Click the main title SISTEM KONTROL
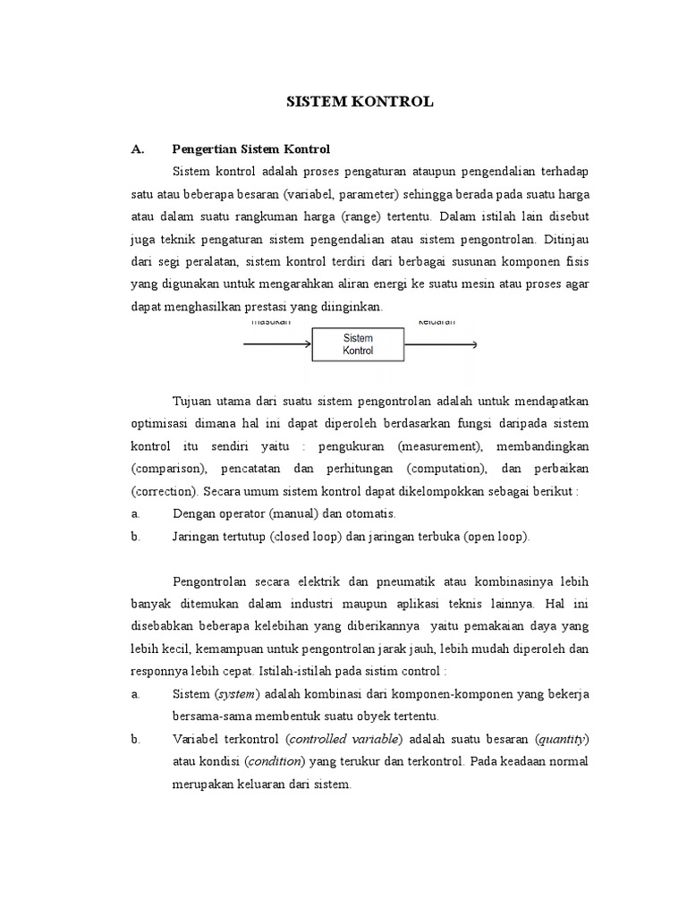pyautogui.click(x=360, y=102)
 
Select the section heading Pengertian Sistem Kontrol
pyautogui.click(x=250, y=148)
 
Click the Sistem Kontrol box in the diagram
pyautogui.click(x=358, y=344)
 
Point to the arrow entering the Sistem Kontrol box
pyautogui.click(x=276, y=344)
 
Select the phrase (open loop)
pyautogui.click(x=495, y=537)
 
